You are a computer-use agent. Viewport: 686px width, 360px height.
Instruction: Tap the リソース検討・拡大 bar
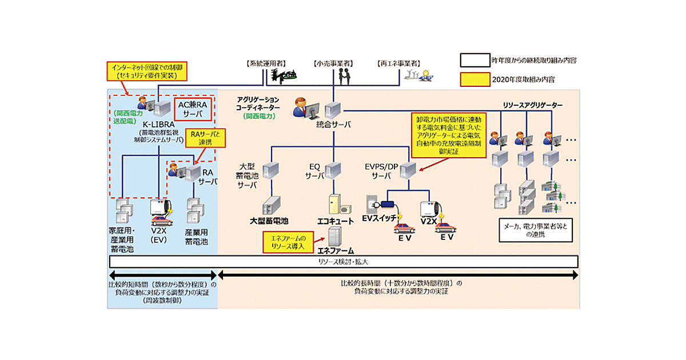pos(344,261)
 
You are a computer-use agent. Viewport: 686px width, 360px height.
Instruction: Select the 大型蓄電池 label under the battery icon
pos(269,220)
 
